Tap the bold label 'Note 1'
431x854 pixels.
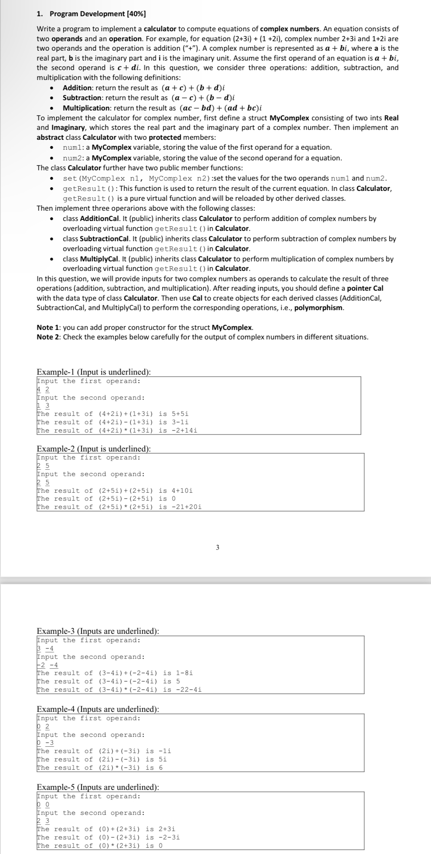point(48,328)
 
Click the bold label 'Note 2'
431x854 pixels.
point(48,337)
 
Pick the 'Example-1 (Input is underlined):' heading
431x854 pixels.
point(93,372)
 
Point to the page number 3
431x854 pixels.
point(217,548)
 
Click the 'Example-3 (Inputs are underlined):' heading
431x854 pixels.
point(98,631)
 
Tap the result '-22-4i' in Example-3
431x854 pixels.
point(189,690)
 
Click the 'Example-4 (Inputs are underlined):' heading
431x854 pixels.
point(98,709)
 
